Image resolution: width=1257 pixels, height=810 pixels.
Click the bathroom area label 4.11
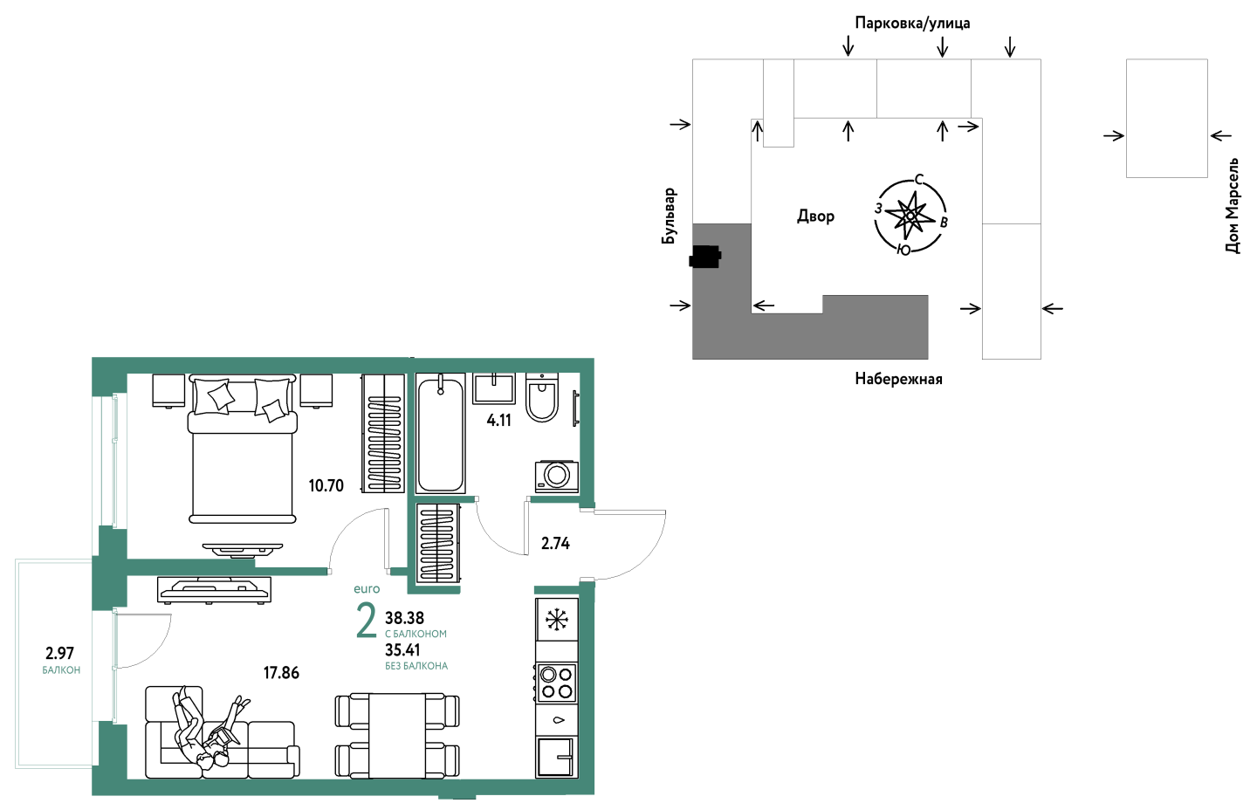(x=499, y=420)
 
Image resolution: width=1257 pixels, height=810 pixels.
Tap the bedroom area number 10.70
(x=326, y=485)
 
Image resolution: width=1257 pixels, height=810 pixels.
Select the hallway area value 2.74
(x=555, y=543)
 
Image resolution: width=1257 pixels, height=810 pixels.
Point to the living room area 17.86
(x=281, y=672)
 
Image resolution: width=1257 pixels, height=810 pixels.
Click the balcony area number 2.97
(x=59, y=653)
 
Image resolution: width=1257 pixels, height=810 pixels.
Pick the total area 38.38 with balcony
(x=405, y=618)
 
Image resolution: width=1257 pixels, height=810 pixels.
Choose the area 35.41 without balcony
(x=402, y=650)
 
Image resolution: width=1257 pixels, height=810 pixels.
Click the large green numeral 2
(x=367, y=621)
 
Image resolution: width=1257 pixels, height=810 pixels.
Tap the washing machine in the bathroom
(x=557, y=477)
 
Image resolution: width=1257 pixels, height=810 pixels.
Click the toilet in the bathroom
(x=542, y=398)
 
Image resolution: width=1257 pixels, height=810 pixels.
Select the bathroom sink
(x=494, y=388)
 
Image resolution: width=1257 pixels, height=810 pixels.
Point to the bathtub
(x=441, y=434)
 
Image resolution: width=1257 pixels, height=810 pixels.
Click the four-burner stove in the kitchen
(x=557, y=683)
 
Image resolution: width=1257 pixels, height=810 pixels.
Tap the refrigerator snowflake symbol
(x=557, y=620)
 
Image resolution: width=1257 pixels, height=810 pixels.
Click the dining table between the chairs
(x=397, y=736)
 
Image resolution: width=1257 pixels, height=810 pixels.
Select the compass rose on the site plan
(x=910, y=216)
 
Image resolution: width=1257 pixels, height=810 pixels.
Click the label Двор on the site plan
(x=816, y=216)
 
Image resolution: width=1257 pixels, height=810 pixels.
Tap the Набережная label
(x=898, y=379)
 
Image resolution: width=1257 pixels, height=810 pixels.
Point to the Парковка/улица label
(x=912, y=23)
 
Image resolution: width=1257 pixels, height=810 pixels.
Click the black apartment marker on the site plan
(x=704, y=257)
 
